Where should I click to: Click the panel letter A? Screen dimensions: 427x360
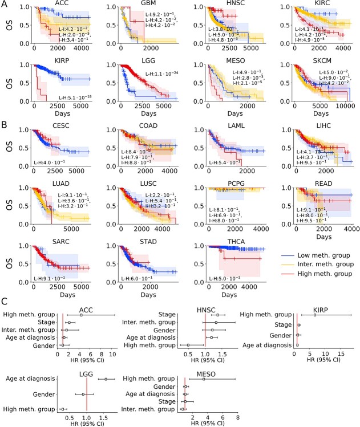[4, 4]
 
